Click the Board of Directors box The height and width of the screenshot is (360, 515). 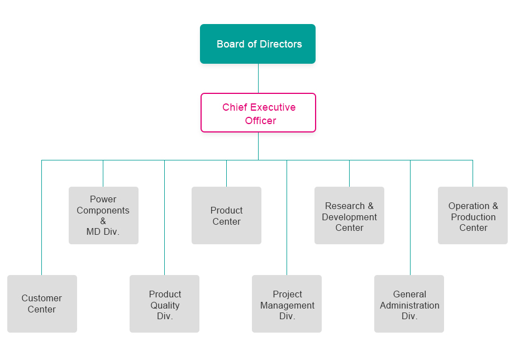(x=258, y=44)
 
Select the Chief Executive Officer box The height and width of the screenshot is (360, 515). (x=258, y=113)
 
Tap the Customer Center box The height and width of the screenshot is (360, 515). (x=42, y=304)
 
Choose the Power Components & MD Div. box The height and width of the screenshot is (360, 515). (x=103, y=215)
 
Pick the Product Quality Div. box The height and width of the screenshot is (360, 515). (x=165, y=304)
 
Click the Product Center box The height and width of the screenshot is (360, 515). (x=226, y=215)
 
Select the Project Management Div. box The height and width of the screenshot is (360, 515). (x=287, y=304)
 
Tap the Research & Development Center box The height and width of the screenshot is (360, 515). (x=349, y=215)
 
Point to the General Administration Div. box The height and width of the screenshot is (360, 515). (x=409, y=304)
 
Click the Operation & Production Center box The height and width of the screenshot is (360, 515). (x=473, y=215)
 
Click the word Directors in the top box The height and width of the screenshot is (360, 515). (x=280, y=44)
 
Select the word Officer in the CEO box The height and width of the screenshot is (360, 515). (x=260, y=121)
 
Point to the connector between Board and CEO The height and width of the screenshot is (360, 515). (x=258, y=78)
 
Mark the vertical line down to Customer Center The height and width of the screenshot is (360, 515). (x=42, y=217)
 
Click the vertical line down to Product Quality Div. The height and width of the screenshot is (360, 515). (x=165, y=217)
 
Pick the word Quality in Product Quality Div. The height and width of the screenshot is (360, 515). (x=165, y=305)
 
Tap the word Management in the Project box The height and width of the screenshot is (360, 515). (x=288, y=305)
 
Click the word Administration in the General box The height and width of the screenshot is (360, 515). (x=409, y=305)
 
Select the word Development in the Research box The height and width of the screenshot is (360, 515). (x=350, y=217)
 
